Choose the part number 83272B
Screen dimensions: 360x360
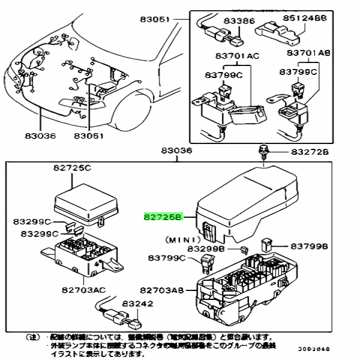(310, 152)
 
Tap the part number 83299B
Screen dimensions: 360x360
(207, 248)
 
